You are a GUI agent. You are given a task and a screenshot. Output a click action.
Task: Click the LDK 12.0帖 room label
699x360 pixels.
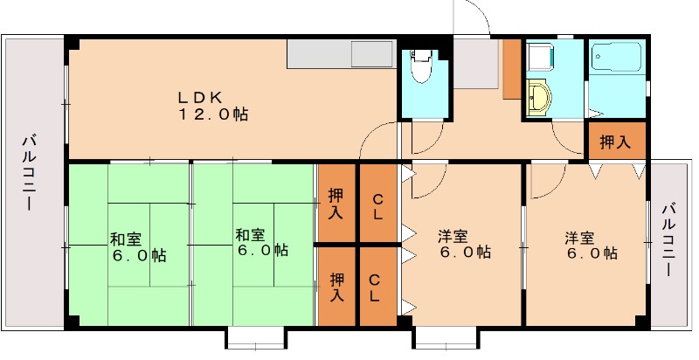(214, 105)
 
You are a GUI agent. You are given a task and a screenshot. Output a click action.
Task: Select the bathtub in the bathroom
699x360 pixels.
(616, 62)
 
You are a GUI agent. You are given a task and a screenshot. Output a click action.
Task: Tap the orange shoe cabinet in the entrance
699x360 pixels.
(511, 68)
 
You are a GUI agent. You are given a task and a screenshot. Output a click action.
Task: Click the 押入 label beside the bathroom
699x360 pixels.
(615, 142)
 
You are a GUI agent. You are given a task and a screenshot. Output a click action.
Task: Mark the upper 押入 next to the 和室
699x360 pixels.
(336, 204)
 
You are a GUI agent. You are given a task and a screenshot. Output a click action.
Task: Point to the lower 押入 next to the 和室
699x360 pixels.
(336, 287)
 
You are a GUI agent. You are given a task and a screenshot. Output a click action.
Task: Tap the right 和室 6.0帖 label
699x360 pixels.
(261, 242)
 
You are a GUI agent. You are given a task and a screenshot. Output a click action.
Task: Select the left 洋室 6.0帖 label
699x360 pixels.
(463, 244)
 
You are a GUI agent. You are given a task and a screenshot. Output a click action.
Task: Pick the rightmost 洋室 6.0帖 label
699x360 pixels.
(590, 245)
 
